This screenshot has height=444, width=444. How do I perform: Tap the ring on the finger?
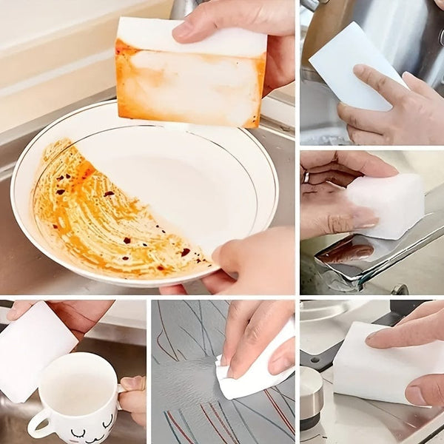tap(306, 178)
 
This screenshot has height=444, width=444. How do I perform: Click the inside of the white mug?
tap(78, 385)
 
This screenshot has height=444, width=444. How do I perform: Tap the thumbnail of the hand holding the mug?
tap(130, 383)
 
